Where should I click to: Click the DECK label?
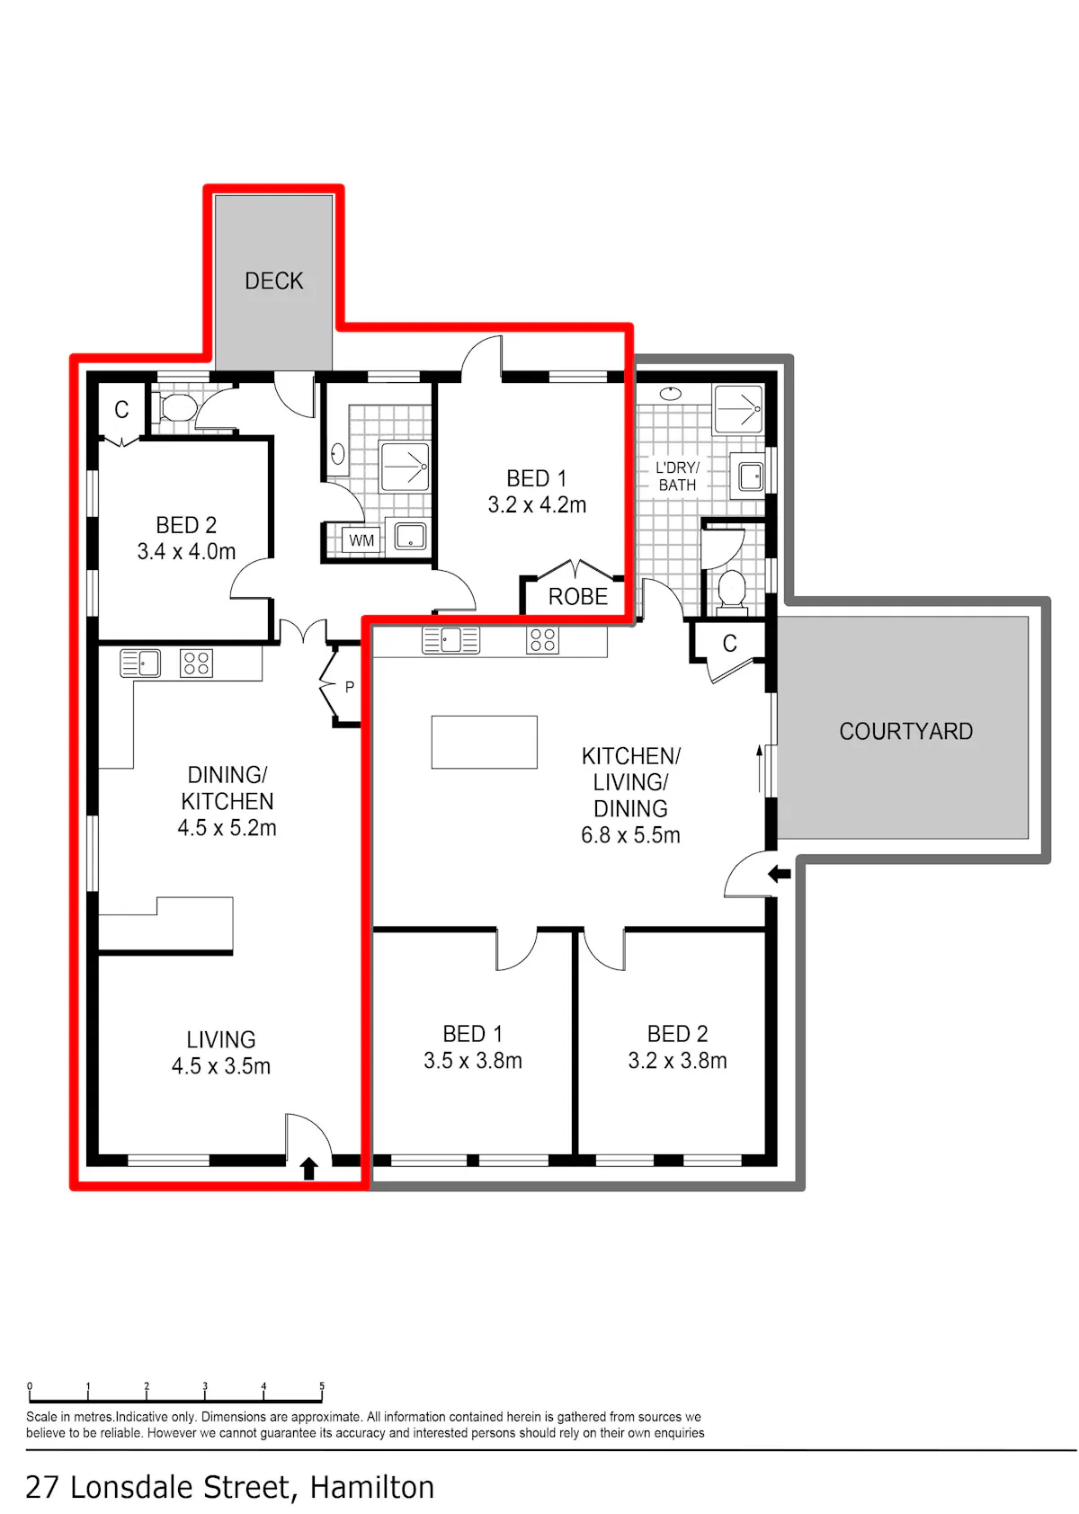pos(274,281)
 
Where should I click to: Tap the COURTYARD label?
pos(906,731)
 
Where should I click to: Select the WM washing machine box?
pos(361,540)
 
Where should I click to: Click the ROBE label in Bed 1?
pos(578,597)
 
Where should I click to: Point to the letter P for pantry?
pos(350,688)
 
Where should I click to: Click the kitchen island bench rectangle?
pos(484,742)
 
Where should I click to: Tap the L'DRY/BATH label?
pos(677,476)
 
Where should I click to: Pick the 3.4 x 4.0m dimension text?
pos(187,551)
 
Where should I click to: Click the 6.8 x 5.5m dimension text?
pos(631,835)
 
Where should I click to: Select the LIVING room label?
pos(221,1039)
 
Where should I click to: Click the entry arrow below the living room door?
pos(309,1168)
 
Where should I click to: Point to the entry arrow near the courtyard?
pos(780,874)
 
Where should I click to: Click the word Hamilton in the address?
pos(372,1488)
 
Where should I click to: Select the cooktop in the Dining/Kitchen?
pos(196,663)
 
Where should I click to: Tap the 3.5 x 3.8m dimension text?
pos(473,1061)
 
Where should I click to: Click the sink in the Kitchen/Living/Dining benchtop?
pos(451,639)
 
